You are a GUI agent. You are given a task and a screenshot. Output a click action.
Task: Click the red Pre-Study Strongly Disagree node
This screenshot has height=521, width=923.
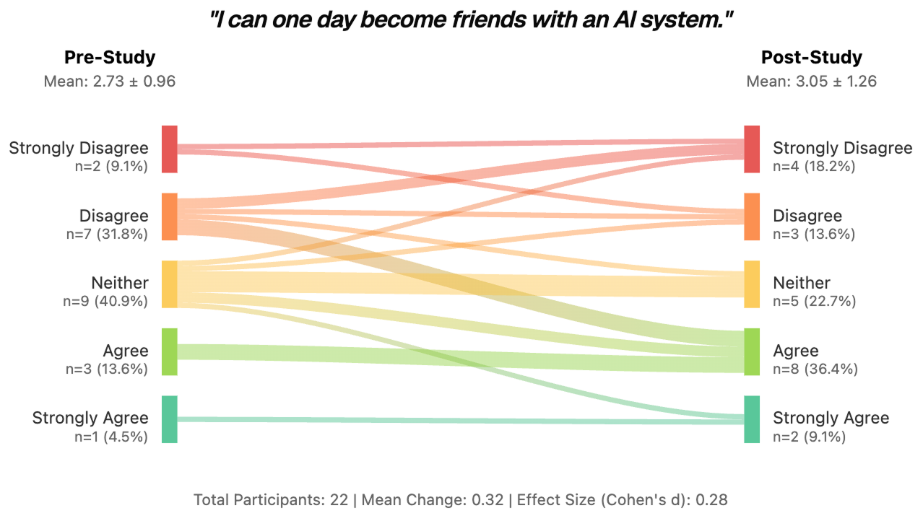pos(169,149)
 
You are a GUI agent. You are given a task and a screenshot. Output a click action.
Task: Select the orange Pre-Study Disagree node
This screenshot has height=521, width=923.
pos(169,216)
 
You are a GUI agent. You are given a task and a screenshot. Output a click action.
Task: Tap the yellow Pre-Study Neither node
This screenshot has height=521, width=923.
pos(169,284)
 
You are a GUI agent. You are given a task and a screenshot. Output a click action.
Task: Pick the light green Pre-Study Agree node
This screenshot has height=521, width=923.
pos(169,351)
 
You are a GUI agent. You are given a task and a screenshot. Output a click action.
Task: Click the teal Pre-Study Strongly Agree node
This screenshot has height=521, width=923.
pos(169,419)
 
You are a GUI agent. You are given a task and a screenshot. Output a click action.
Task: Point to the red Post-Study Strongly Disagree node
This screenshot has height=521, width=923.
pos(752,149)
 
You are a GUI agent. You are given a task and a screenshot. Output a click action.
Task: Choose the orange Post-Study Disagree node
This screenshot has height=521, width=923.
pos(752,216)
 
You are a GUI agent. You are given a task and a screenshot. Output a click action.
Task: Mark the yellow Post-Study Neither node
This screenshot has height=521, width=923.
pos(752,284)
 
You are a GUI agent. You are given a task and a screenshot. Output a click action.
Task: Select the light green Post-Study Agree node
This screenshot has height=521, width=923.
pos(752,351)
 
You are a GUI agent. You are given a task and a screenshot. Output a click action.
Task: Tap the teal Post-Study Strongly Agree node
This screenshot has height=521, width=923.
pos(752,419)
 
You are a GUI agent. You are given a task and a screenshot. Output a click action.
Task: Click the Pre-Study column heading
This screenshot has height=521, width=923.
pos(110,58)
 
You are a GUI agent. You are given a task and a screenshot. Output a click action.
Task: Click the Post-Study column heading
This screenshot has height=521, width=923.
pos(811,58)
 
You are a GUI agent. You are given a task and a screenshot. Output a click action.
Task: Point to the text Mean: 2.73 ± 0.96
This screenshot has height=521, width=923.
pos(110,81)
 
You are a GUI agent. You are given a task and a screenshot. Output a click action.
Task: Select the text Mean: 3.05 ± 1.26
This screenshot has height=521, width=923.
pos(811,81)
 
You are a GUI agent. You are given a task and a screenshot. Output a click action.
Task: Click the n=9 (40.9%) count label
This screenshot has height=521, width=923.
pos(105,301)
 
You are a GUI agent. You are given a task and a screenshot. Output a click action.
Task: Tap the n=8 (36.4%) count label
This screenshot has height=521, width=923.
pos(815,369)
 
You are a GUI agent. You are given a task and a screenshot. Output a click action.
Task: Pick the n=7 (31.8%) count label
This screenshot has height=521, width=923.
pos(105,234)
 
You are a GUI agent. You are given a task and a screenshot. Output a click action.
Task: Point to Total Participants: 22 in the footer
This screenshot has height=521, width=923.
pos(271,499)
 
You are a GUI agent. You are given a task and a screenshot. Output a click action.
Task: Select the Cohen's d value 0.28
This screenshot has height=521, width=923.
pos(711,499)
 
